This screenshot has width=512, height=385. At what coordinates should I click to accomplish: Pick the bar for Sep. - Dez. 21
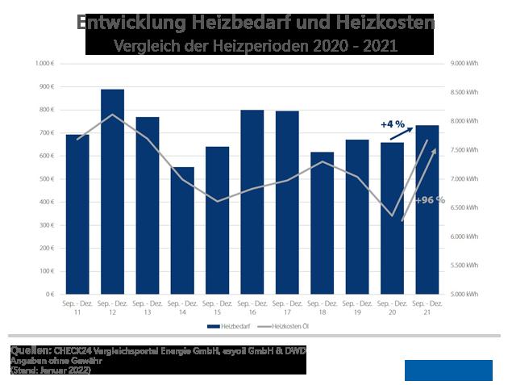click(427, 210)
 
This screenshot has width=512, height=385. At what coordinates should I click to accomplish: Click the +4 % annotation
click(391, 124)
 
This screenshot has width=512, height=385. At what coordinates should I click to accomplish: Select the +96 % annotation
click(430, 199)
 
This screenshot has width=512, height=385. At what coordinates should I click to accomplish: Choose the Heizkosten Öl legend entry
click(287, 326)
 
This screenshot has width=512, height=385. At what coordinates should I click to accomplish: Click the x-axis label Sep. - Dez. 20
click(393, 308)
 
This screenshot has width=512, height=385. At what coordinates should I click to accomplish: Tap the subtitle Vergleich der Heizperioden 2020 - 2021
click(256, 46)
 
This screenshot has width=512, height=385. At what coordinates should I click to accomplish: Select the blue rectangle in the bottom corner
click(448, 370)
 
